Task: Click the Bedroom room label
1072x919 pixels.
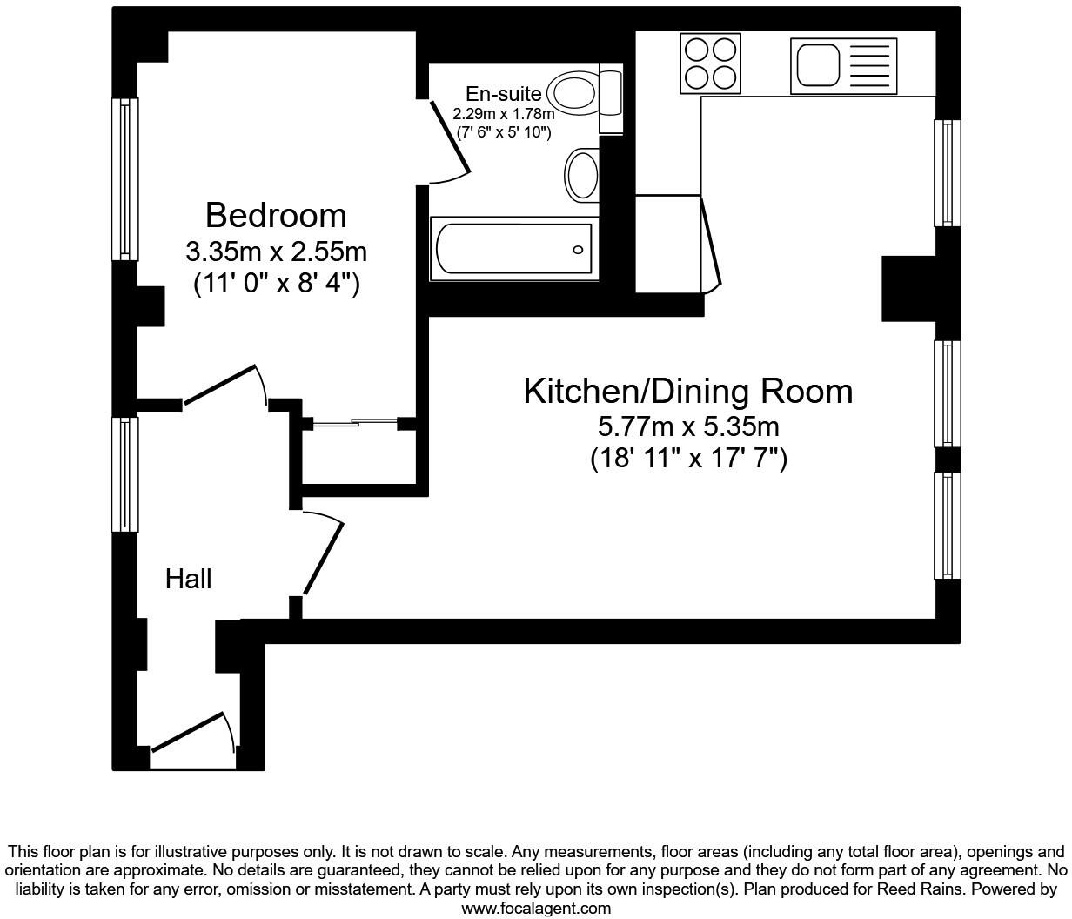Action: click(275, 215)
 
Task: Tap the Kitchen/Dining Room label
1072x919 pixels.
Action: click(687, 392)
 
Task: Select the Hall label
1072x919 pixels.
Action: click(188, 579)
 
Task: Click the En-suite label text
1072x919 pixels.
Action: click(503, 94)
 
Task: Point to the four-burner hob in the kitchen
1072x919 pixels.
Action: click(710, 64)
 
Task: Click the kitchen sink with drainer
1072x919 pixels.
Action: click(843, 65)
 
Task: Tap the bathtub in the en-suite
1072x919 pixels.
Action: click(513, 250)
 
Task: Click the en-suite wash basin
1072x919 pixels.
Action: click(582, 175)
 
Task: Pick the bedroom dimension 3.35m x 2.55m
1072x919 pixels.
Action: click(275, 252)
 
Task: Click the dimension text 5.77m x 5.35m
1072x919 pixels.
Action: click(687, 427)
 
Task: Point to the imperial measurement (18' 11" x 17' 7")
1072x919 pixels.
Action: click(687, 458)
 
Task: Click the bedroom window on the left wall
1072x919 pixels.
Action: click(124, 178)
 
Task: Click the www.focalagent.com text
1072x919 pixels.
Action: click(535, 909)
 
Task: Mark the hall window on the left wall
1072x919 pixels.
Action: click(124, 473)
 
